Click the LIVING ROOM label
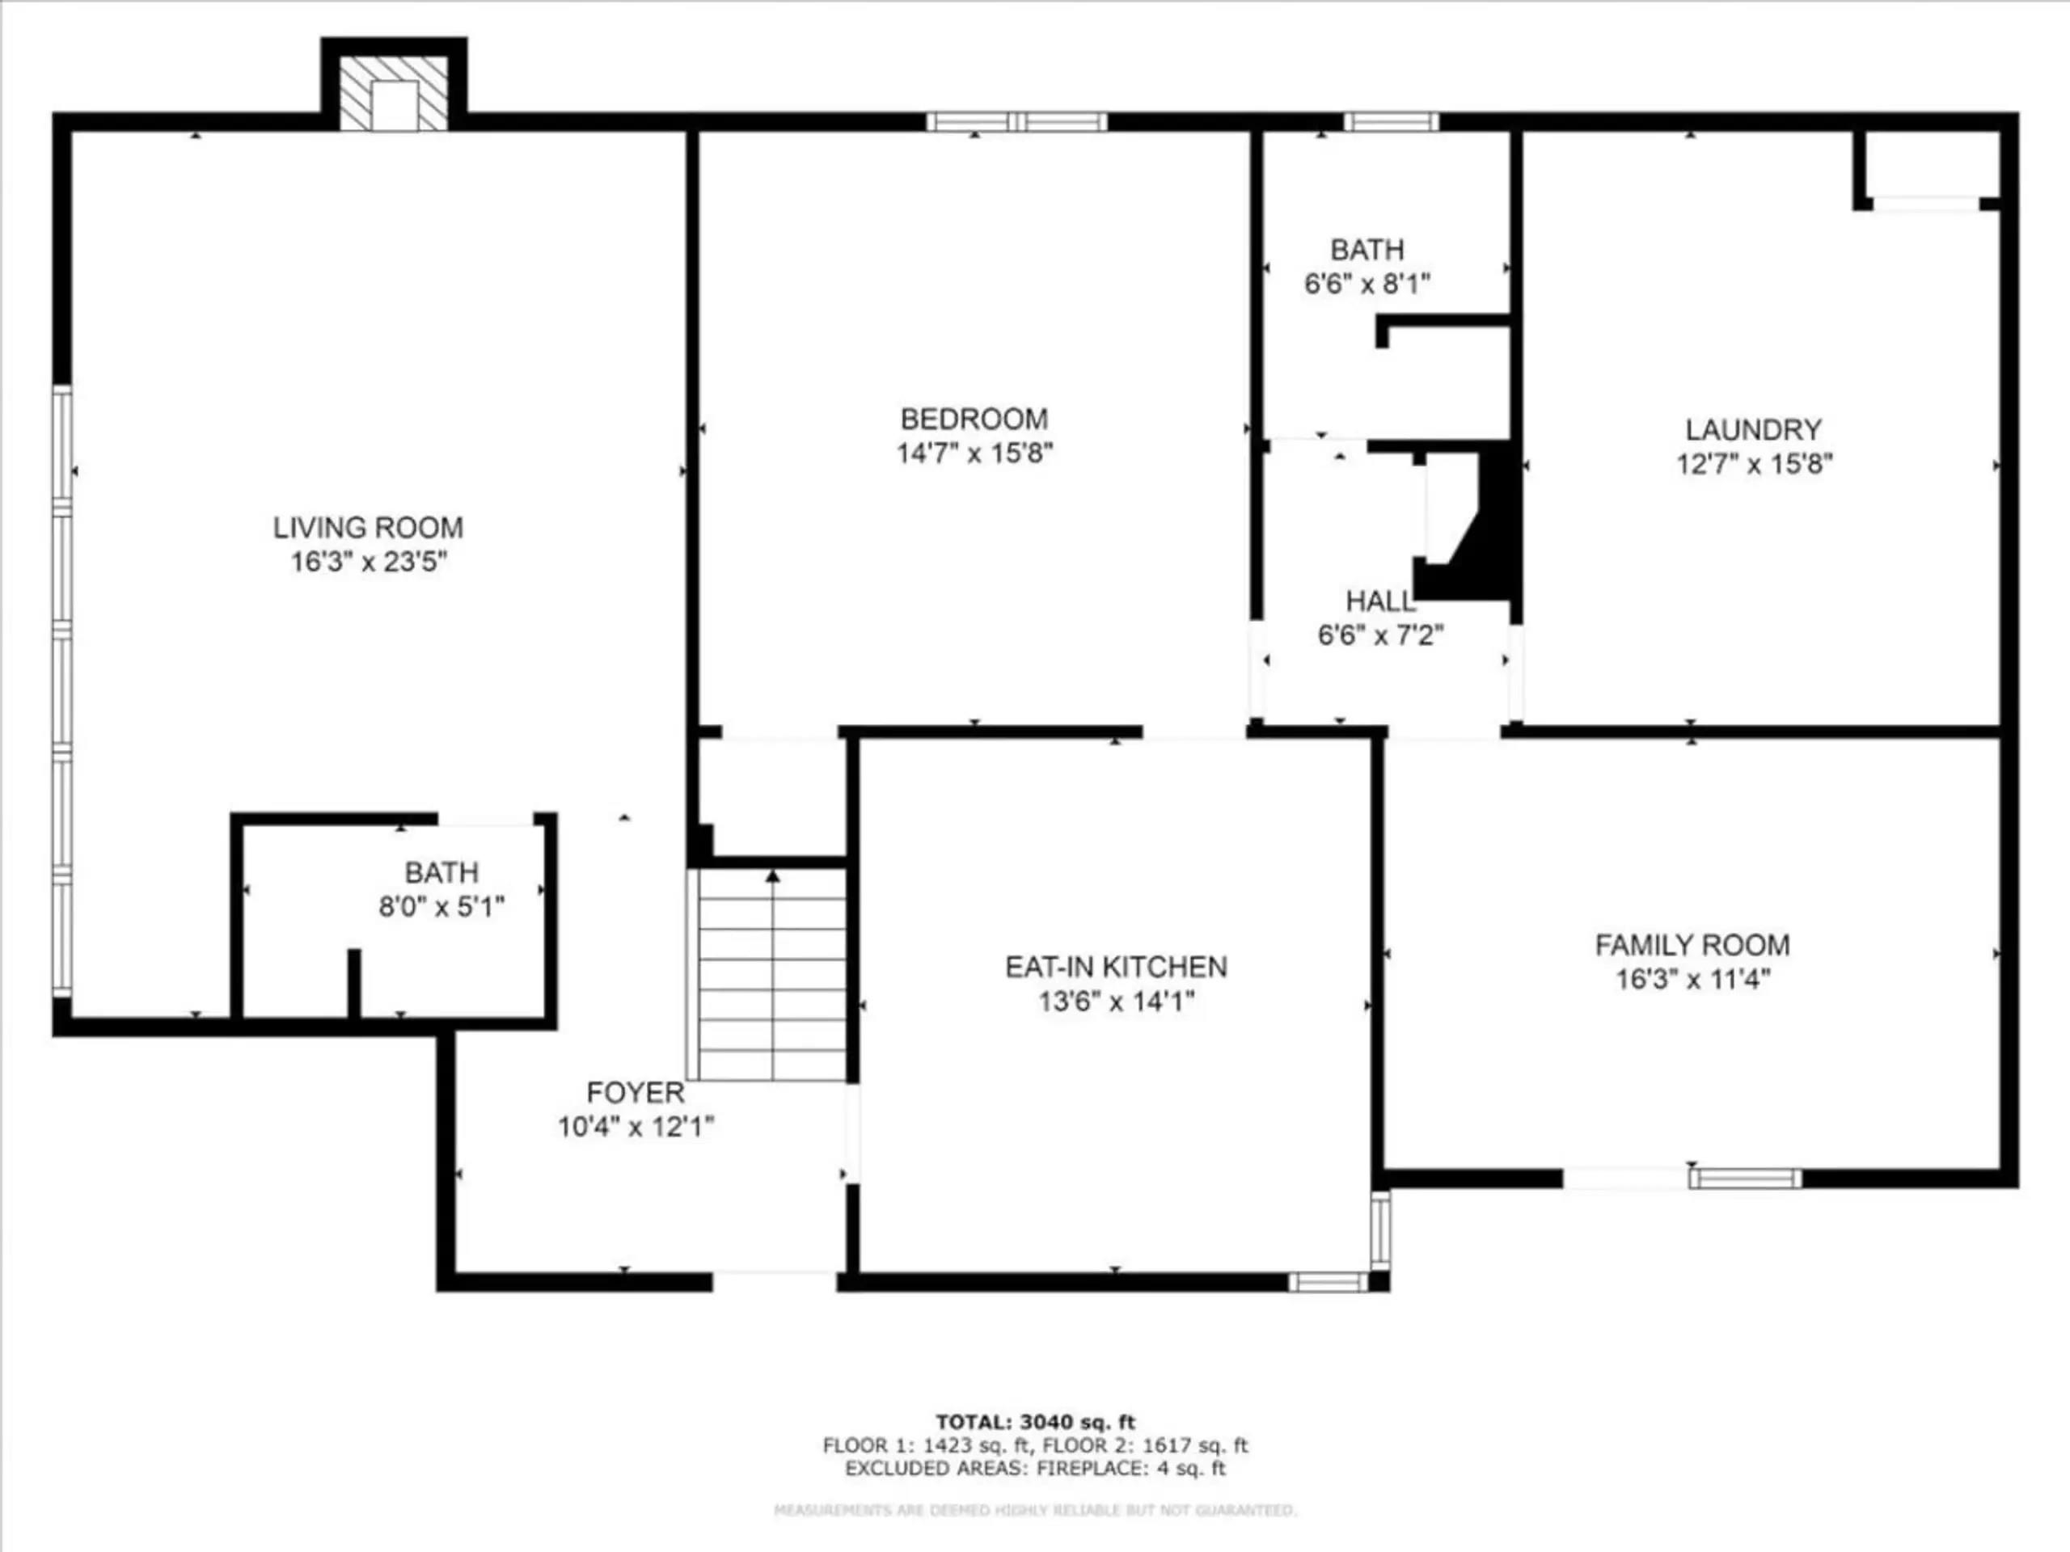click(x=368, y=528)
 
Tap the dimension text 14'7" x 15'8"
click(x=974, y=453)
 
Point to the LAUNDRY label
click(x=1754, y=429)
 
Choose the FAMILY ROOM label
click(x=1692, y=945)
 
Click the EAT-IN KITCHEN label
click(x=1116, y=967)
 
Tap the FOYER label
click(x=636, y=1093)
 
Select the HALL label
click(x=1380, y=601)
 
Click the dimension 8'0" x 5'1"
click(x=441, y=906)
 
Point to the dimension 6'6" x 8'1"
click(x=1367, y=284)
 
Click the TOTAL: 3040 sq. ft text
click(x=1035, y=1423)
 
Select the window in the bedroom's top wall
click(x=1017, y=121)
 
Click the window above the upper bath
click(x=1392, y=121)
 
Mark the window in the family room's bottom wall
click(x=1744, y=1179)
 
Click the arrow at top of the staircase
click(x=773, y=876)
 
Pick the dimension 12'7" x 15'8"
click(x=1754, y=464)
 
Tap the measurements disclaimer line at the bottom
click(x=1035, y=1510)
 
